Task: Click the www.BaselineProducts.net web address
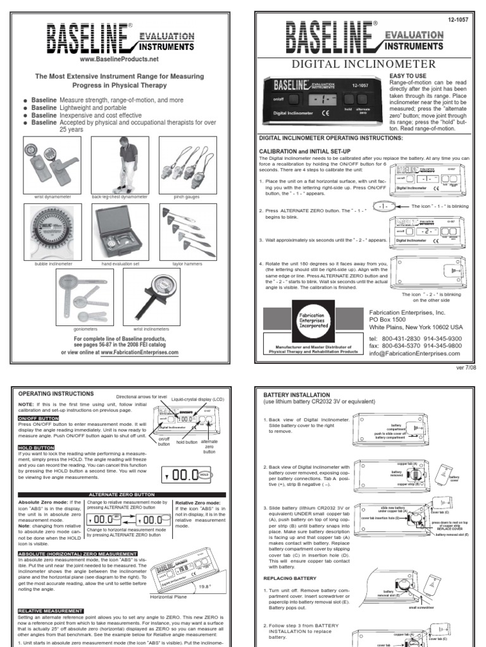118,59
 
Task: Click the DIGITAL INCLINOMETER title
363,64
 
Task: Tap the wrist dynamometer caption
52,197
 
